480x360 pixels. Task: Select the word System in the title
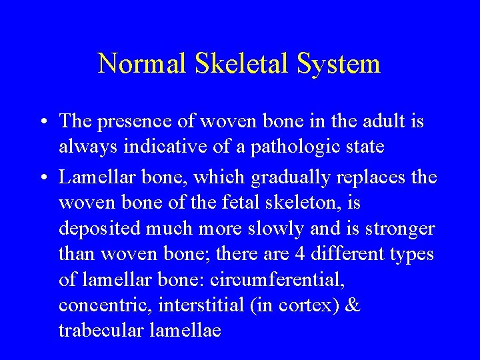pyautogui.click(x=339, y=64)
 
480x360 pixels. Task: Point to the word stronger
pyautogui.click(x=401, y=229)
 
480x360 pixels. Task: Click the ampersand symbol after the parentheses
pyautogui.click(x=354, y=305)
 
